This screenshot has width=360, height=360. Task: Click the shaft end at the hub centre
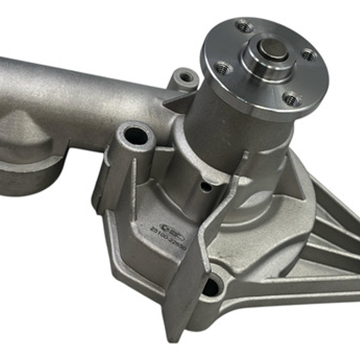(x=273, y=49)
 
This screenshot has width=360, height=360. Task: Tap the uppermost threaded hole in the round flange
(x=244, y=26)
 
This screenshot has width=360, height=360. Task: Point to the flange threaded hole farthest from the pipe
(x=309, y=54)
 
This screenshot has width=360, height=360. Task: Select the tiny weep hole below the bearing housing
(x=206, y=188)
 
